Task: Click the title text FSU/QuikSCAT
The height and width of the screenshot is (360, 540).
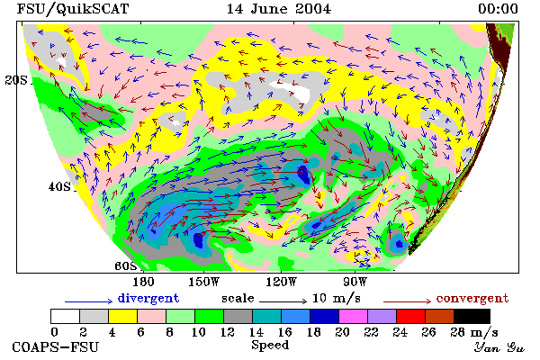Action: (73, 9)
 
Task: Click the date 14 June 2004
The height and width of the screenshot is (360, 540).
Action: (279, 9)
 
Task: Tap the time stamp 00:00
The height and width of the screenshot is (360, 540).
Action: (498, 9)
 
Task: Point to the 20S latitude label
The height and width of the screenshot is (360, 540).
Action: (16, 80)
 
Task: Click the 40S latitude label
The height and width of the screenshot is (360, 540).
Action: (59, 186)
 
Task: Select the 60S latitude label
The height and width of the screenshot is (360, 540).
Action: (126, 266)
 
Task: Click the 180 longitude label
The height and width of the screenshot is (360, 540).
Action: (143, 282)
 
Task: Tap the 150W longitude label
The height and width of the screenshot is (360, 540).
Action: (204, 282)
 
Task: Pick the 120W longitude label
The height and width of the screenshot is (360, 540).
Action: (281, 282)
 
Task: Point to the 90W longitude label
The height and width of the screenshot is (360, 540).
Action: (355, 282)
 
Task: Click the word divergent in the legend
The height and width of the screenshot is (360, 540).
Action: (148, 298)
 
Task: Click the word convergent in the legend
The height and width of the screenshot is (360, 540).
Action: (472, 298)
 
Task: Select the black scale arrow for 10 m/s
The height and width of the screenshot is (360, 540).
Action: (283, 301)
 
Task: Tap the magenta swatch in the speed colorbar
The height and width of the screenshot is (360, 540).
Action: (354, 316)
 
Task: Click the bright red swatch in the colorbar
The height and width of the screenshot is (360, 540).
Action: (411, 316)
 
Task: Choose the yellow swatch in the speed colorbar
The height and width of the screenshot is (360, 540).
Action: (123, 316)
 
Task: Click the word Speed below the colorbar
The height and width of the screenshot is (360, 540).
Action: (270, 346)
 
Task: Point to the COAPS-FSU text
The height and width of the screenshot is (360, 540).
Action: (56, 346)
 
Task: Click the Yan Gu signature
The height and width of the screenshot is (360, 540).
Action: (499, 347)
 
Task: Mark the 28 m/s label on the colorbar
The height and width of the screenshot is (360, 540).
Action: (474, 332)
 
